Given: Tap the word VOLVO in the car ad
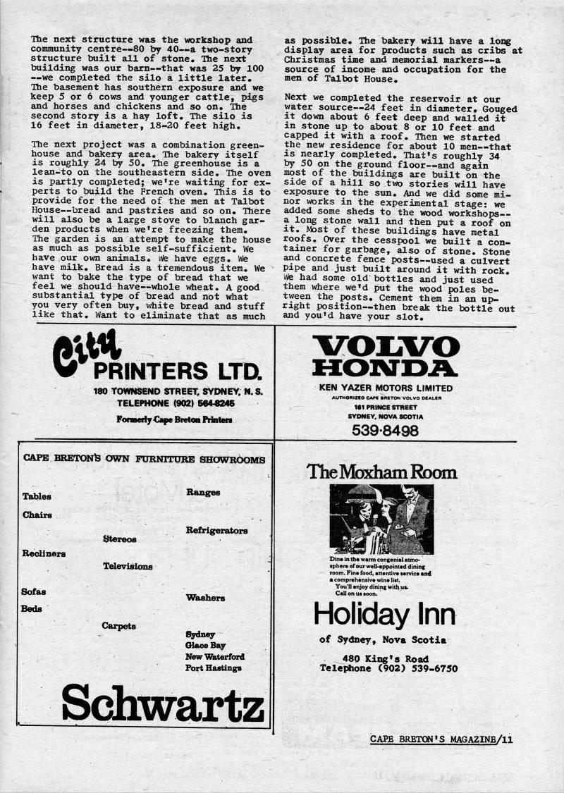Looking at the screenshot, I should click(386, 347).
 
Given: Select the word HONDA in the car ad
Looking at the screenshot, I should click(386, 368).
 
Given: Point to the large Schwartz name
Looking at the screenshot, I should click(163, 703).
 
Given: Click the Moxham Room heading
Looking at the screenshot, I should click(381, 472).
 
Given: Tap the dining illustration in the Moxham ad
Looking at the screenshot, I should click(381, 520).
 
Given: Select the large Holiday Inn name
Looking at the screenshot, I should click(384, 613).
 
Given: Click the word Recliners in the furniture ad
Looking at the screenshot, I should click(44, 553).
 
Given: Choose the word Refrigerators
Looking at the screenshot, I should click(216, 530).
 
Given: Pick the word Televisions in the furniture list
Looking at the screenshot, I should click(128, 566).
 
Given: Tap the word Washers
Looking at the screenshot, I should click(205, 598).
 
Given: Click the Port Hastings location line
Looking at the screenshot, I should click(213, 668).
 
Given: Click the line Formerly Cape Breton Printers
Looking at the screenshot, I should click(175, 419).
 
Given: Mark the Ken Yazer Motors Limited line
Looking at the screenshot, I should click(384, 388).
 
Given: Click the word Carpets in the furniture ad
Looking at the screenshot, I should click(118, 625).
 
